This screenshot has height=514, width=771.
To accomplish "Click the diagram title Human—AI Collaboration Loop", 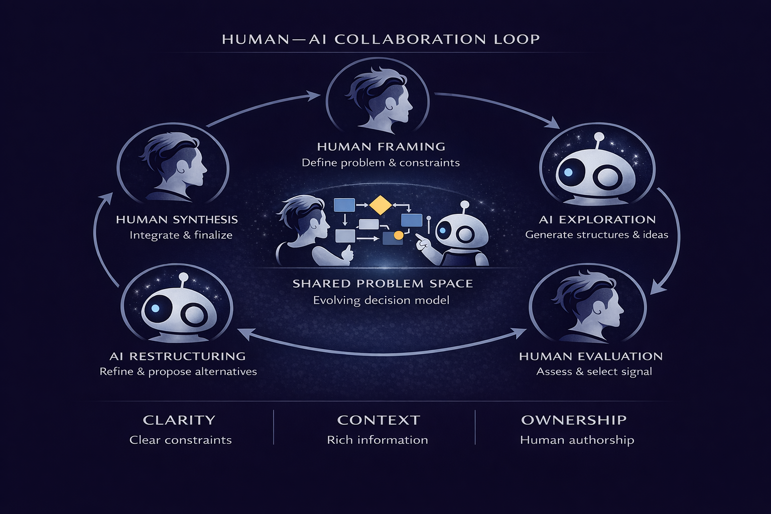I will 380,39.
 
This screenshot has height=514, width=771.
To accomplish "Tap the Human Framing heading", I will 381,147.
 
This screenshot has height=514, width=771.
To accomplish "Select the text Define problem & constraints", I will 380,163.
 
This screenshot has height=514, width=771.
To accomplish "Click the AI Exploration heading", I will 597,219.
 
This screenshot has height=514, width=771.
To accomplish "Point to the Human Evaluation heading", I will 591,356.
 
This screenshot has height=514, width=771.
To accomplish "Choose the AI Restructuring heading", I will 178,356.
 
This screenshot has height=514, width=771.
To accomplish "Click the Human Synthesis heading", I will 177,219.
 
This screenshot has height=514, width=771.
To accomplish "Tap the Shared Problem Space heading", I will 382,284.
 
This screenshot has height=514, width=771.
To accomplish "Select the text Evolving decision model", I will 381,300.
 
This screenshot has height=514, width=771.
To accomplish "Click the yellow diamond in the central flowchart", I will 380,205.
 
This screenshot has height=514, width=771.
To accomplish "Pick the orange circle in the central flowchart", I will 399,235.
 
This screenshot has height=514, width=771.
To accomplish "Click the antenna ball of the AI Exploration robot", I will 598,137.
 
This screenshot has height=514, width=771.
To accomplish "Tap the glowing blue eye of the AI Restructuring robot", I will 156,308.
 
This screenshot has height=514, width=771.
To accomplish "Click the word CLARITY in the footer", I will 179,420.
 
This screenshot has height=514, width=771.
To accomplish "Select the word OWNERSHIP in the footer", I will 574,420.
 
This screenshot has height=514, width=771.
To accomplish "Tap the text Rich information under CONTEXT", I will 377,440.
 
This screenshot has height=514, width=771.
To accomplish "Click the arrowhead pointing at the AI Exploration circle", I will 554,122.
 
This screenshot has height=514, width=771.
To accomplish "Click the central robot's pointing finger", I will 420,243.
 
